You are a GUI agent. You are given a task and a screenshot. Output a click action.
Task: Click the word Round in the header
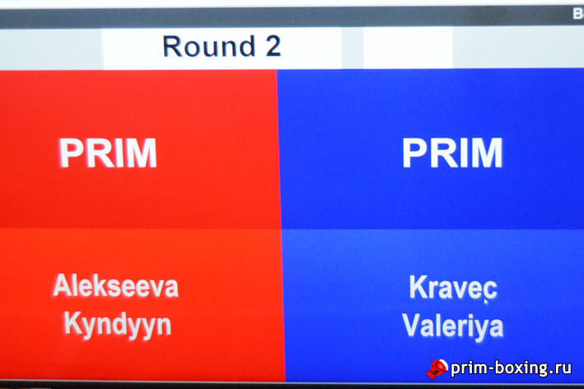(209, 46)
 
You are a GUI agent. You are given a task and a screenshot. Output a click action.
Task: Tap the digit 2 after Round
(273, 46)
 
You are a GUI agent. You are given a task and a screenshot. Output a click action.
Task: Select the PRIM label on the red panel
(108, 152)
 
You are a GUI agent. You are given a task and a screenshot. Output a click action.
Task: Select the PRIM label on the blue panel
(452, 152)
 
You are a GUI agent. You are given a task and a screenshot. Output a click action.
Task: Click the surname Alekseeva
(116, 286)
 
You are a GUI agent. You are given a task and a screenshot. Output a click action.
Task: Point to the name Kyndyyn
(118, 325)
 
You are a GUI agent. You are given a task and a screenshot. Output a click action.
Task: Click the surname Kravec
(453, 288)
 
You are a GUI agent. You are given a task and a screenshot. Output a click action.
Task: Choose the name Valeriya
(453, 326)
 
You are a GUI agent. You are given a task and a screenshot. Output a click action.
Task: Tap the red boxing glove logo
(437, 369)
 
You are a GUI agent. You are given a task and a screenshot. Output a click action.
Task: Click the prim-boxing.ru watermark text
(511, 368)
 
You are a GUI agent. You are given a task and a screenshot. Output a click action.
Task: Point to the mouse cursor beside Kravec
(486, 302)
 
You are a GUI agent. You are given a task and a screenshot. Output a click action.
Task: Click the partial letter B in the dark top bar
(578, 14)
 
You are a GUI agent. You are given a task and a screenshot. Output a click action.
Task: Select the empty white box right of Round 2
(408, 49)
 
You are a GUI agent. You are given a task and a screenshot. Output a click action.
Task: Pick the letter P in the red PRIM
(71, 152)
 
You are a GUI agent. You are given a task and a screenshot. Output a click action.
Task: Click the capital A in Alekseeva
(63, 285)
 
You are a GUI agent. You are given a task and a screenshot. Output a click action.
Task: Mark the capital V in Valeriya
(412, 325)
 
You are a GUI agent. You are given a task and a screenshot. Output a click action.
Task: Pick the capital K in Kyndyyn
(73, 323)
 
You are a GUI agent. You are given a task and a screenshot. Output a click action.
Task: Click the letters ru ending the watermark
(563, 369)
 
